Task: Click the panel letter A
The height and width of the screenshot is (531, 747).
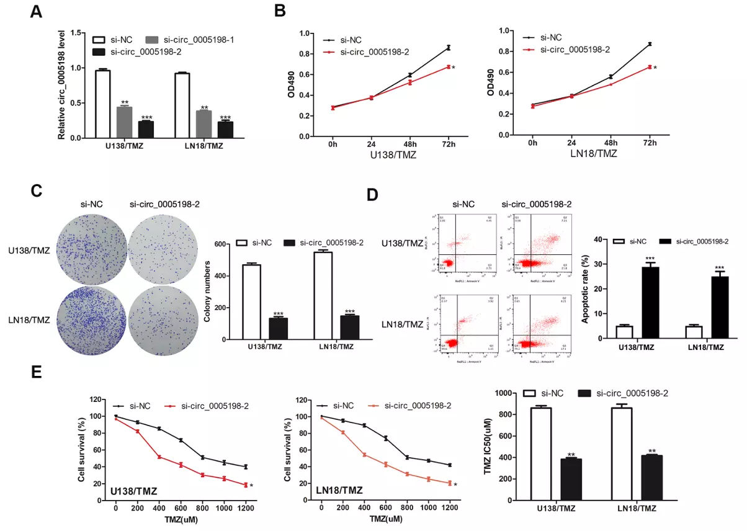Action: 37,12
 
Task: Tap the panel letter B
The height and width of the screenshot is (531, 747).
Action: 280,11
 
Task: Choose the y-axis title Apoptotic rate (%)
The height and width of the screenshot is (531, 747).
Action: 584,288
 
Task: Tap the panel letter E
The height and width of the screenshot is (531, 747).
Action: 36,373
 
